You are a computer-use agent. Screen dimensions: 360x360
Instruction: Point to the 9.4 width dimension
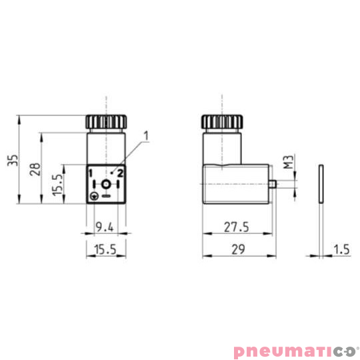(103, 227)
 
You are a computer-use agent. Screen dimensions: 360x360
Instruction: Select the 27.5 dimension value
(236, 227)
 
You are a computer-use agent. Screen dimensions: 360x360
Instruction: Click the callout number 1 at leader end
(146, 135)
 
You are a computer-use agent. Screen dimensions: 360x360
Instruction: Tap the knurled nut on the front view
(105, 123)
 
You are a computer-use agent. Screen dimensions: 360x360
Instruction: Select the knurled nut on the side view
(223, 123)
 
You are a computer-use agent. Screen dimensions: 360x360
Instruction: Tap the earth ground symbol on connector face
(95, 196)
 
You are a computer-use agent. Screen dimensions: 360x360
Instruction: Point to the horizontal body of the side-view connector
(237, 184)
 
